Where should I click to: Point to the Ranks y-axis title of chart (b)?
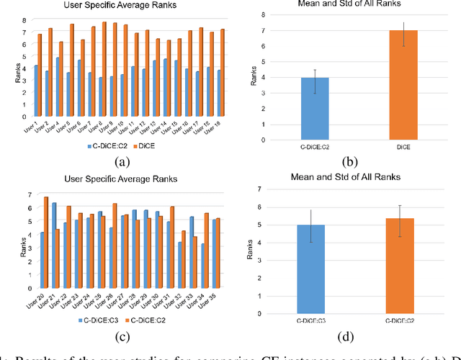(254, 77)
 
